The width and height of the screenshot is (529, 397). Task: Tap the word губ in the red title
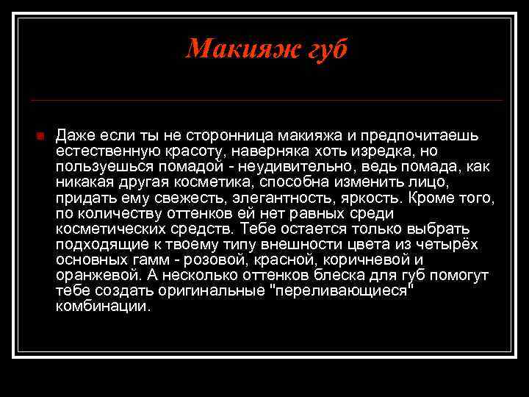320,49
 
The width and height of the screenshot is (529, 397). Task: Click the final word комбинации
102,307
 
